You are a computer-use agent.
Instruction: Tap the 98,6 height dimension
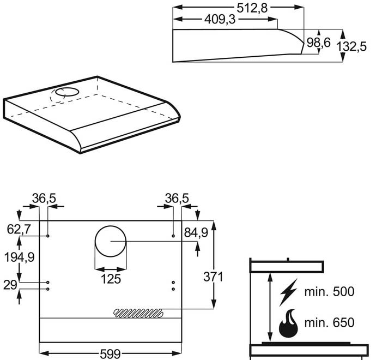point(319,43)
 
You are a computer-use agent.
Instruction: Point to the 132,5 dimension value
point(351,47)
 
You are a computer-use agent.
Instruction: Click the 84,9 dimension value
point(196,233)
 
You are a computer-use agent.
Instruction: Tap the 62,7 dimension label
point(19,229)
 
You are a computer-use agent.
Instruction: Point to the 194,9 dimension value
point(20,257)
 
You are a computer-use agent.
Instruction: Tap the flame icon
point(288,324)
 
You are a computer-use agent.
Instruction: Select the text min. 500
point(329,291)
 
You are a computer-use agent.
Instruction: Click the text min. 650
point(329,322)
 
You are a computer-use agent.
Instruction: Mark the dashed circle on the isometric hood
point(65,94)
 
